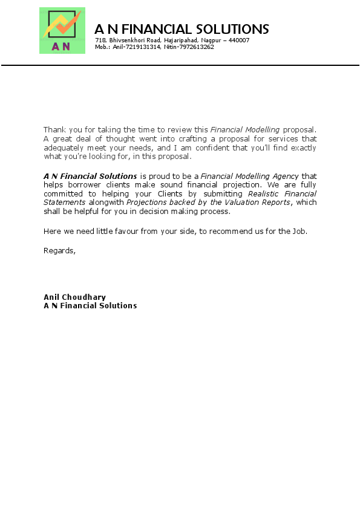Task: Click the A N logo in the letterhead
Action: (x=62, y=31)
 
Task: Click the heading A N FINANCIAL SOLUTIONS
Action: (x=182, y=29)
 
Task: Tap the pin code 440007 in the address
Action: (x=239, y=40)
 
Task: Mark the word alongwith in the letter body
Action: (x=106, y=202)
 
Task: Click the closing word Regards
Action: (x=59, y=250)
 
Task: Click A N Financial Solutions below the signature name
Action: (x=90, y=305)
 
